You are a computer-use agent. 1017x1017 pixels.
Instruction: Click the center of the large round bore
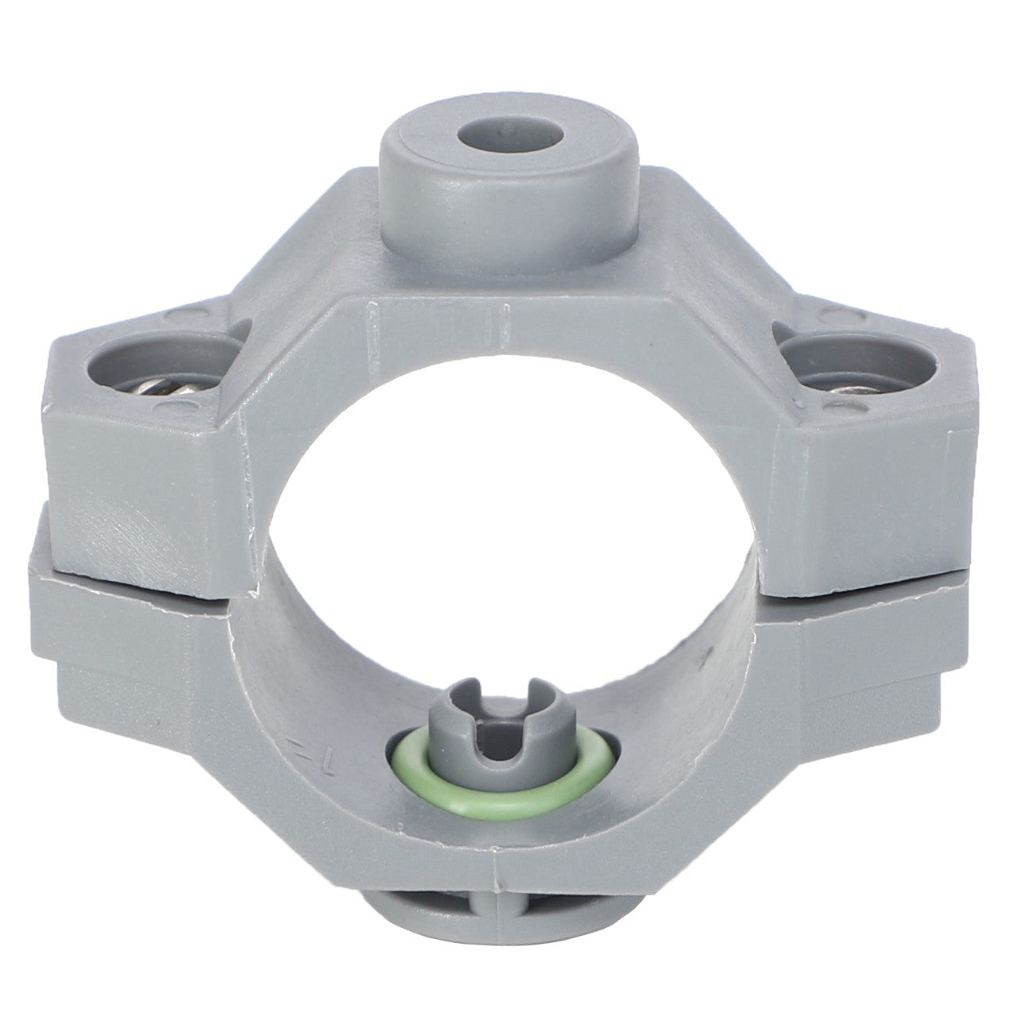coord(508,508)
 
